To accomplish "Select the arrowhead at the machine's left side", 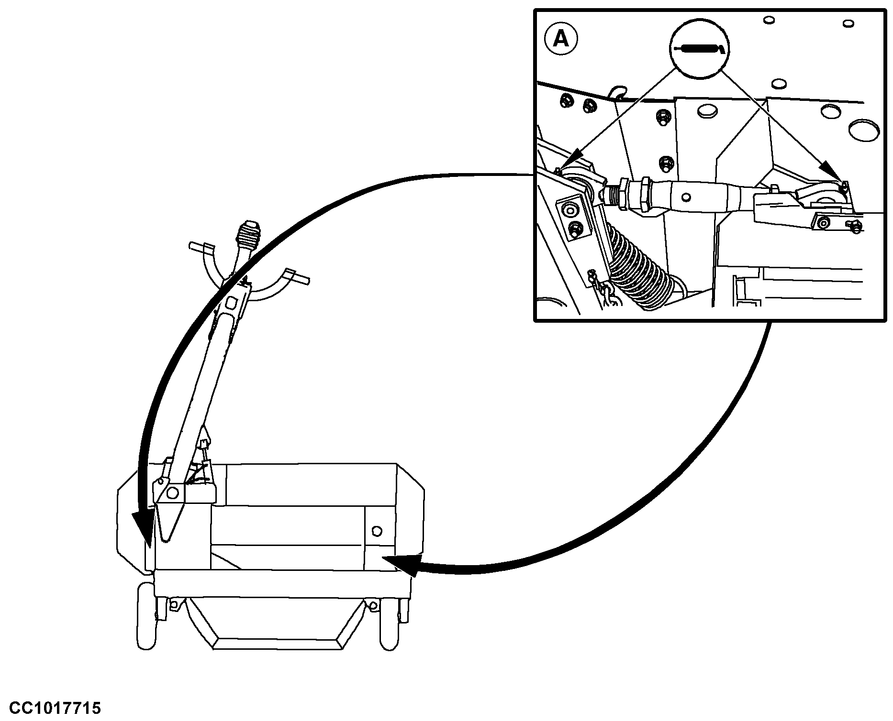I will click(143, 529).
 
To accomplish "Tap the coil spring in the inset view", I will click(641, 268).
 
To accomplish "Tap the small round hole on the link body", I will click(687, 197).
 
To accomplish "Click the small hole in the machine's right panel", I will click(377, 531).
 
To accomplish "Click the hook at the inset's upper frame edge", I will click(619, 91).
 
